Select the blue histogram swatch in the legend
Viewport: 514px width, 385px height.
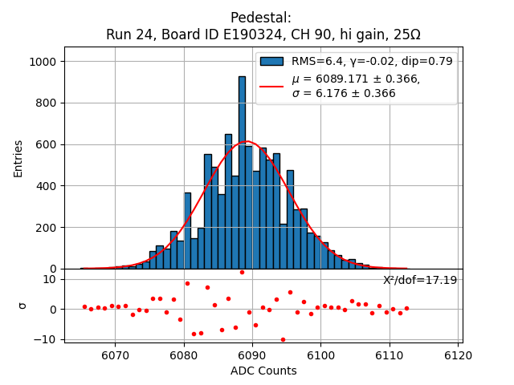(x=271, y=61)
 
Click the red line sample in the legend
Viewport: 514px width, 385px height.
(x=271, y=86)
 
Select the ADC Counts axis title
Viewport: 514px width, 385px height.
(x=263, y=371)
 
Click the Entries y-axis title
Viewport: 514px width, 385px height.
(x=18, y=158)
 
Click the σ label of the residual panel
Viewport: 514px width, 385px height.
(x=22, y=305)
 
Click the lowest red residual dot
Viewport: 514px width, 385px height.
(x=283, y=339)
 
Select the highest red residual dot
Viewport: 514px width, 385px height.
(x=242, y=272)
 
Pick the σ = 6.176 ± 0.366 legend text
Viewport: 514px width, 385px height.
(x=344, y=94)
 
